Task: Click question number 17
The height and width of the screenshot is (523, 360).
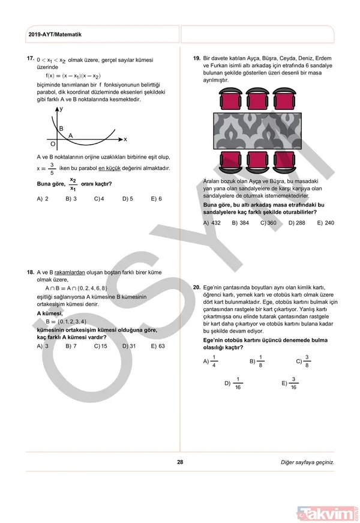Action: [x=29, y=59]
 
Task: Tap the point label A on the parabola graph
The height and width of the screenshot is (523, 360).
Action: [x=70, y=136]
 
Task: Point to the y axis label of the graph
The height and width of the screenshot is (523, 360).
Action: [x=62, y=109]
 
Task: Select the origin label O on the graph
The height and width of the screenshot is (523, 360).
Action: [x=53, y=145]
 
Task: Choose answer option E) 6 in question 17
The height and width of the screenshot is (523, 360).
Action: [x=156, y=198]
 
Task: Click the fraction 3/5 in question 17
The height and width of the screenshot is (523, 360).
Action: [x=52, y=168]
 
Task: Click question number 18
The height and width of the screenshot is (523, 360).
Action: [x=29, y=272]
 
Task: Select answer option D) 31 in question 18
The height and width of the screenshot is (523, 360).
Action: [x=129, y=346]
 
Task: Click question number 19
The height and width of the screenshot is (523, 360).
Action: [x=196, y=59]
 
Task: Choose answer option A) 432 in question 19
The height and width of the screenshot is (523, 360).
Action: [x=212, y=223]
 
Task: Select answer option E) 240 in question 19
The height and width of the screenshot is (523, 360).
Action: [x=325, y=223]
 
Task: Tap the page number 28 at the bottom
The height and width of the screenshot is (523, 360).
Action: [x=180, y=462]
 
